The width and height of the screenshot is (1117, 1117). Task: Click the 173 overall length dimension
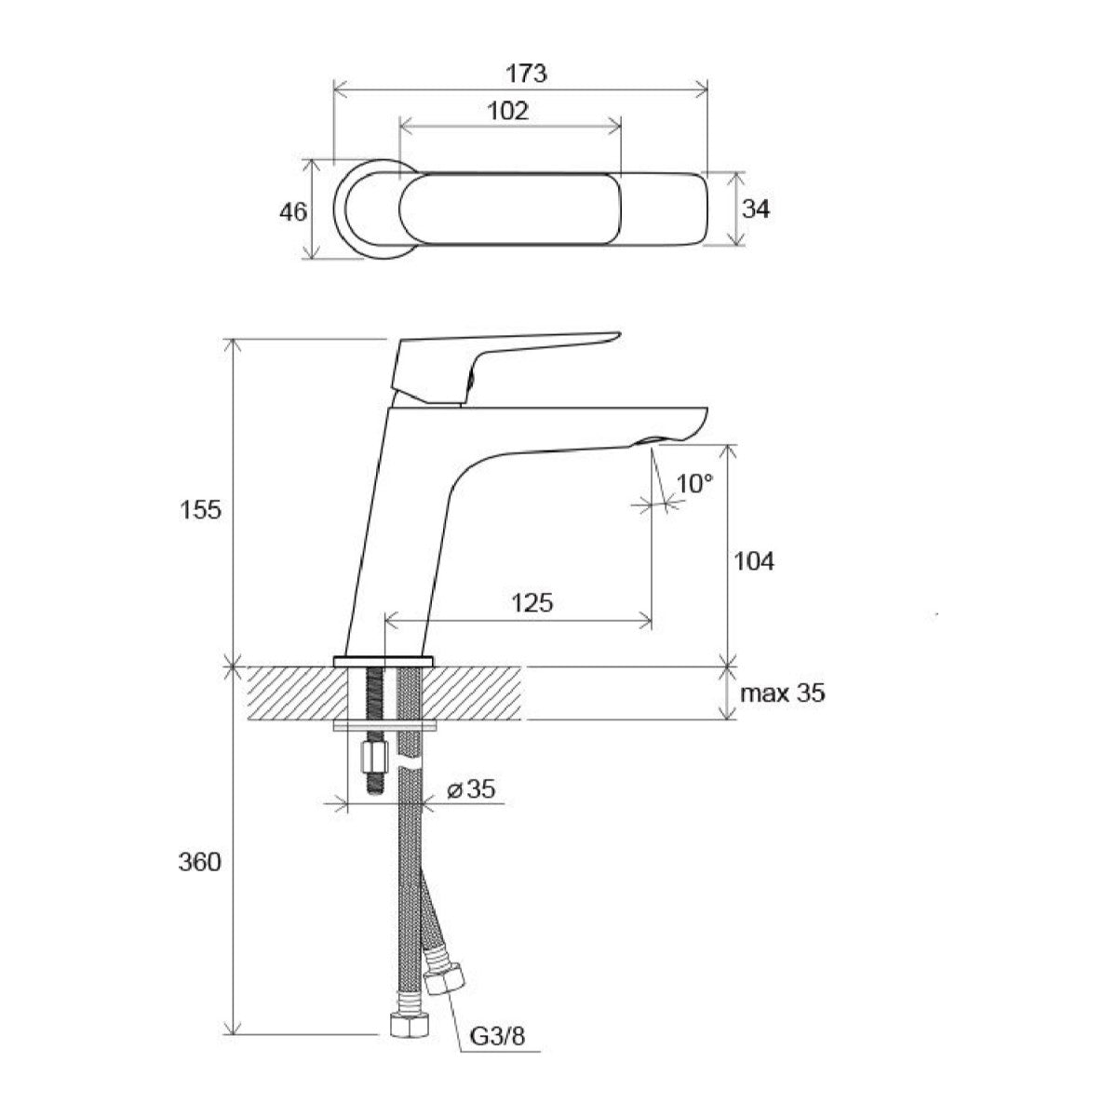tap(526, 74)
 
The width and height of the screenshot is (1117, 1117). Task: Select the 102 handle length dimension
tap(508, 111)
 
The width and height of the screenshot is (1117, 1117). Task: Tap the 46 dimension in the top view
tap(292, 212)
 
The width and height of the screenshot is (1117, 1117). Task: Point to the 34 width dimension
tap(756, 209)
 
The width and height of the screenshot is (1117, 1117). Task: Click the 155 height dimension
tap(200, 510)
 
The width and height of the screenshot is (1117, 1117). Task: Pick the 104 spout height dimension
tap(754, 561)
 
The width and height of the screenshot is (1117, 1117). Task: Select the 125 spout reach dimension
tap(532, 603)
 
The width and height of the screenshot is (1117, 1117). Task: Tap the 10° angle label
tap(694, 483)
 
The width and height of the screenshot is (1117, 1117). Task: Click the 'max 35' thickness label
tap(783, 693)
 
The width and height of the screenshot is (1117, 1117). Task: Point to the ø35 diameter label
tap(471, 788)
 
